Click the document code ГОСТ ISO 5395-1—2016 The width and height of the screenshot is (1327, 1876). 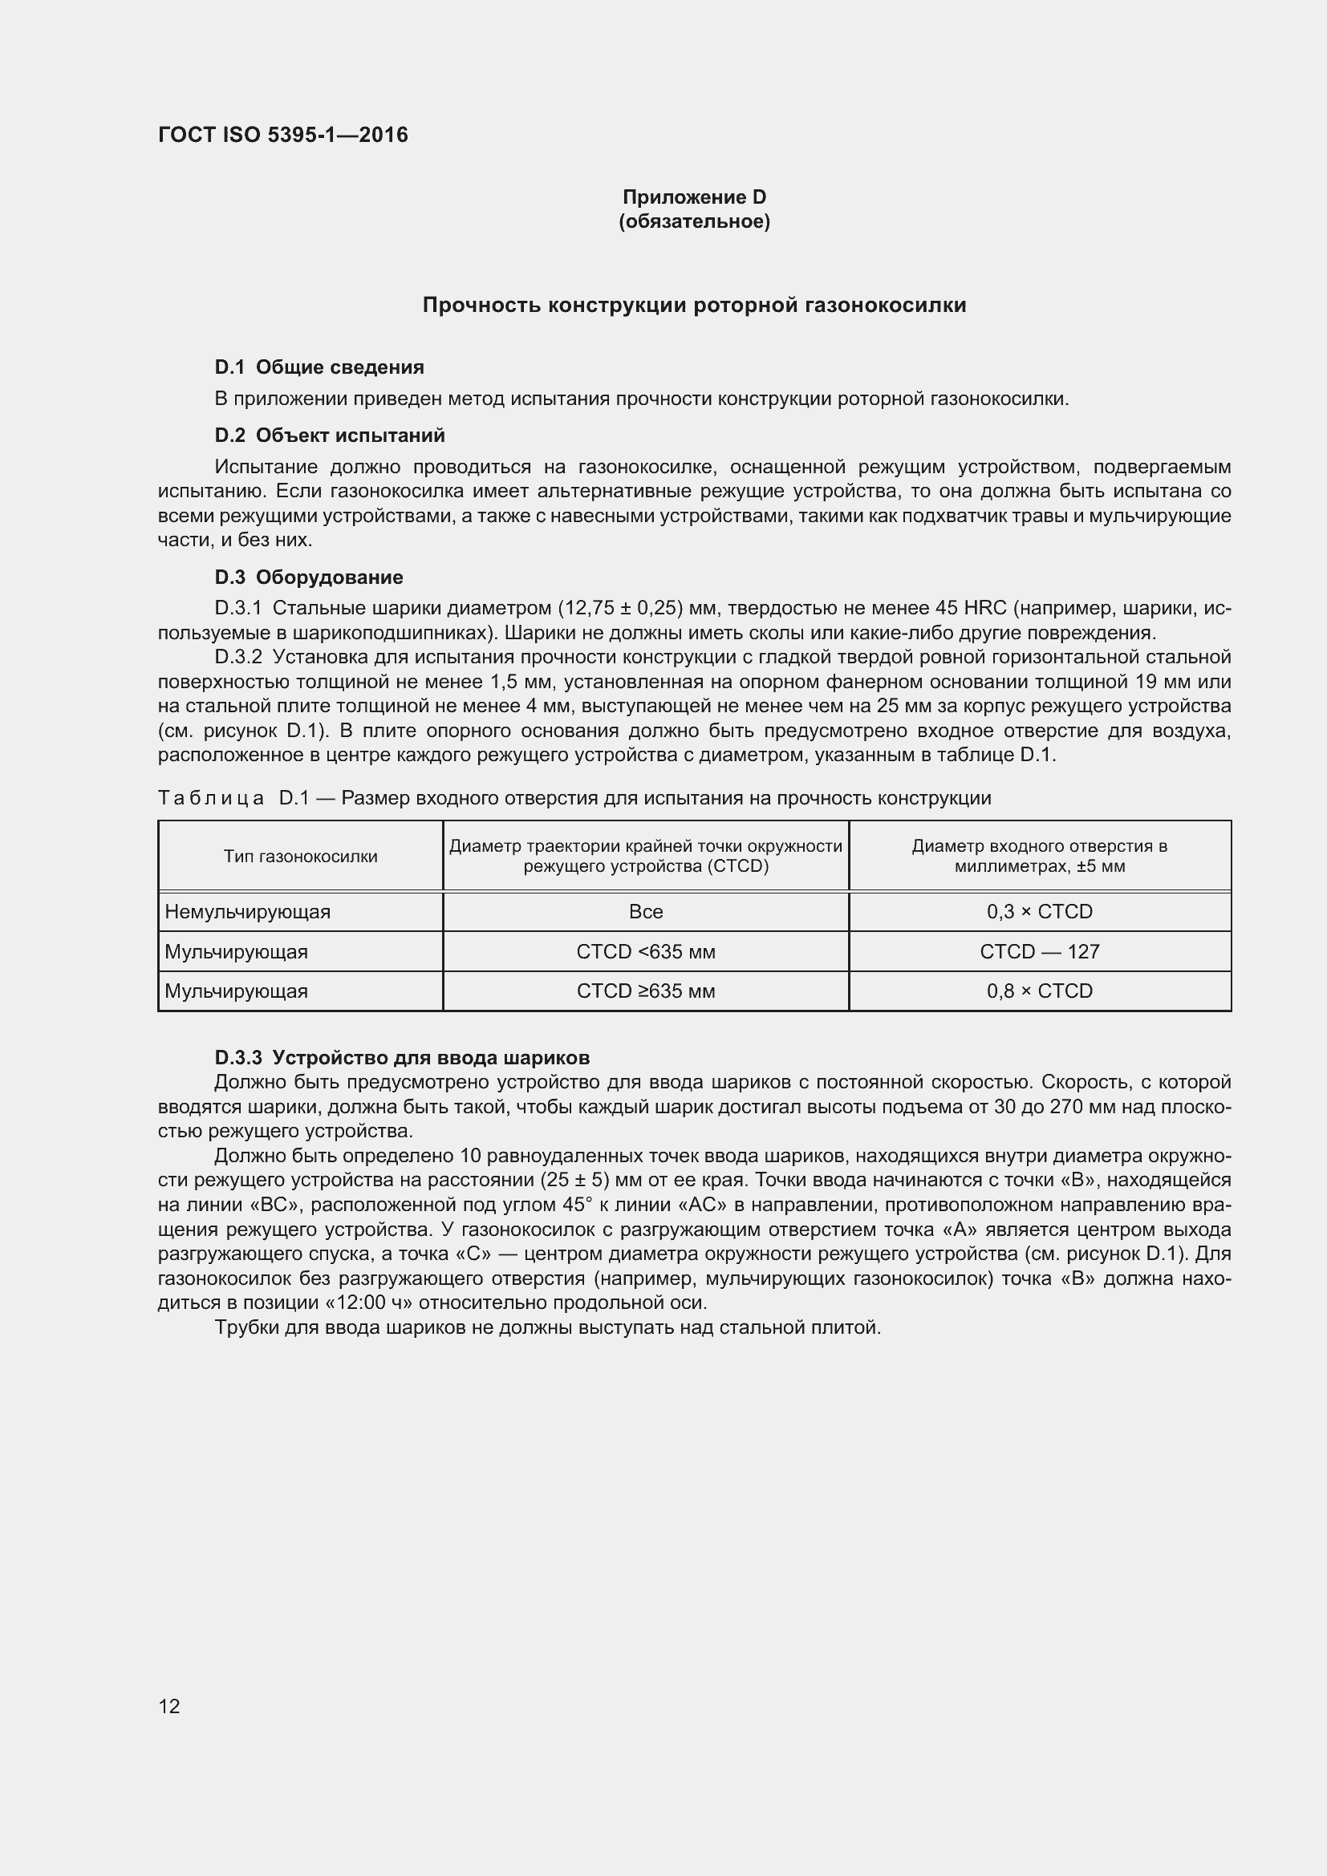(x=282, y=135)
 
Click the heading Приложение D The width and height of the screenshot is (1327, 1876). (x=694, y=197)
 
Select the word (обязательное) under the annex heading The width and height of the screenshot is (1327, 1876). (x=694, y=221)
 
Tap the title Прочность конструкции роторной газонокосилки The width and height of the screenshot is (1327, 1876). (x=694, y=305)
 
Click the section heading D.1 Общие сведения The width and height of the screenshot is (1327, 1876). (x=319, y=367)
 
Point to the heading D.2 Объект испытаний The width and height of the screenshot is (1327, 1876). (x=329, y=435)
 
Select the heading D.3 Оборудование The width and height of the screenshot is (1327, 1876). (x=308, y=577)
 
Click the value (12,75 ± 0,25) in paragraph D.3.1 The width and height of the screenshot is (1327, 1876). (x=620, y=608)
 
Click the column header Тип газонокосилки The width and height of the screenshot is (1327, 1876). (x=300, y=856)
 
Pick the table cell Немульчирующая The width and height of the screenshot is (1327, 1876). (x=248, y=911)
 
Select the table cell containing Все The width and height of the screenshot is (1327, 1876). (x=646, y=911)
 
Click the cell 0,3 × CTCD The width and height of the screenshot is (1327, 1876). (x=1039, y=911)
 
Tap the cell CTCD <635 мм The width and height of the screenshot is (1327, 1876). (x=646, y=951)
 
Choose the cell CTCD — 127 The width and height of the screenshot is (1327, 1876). (x=1039, y=951)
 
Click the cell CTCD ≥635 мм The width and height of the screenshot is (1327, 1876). (x=646, y=991)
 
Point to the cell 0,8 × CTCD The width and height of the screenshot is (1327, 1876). (x=1039, y=991)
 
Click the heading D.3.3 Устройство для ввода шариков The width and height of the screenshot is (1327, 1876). (x=401, y=1057)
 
